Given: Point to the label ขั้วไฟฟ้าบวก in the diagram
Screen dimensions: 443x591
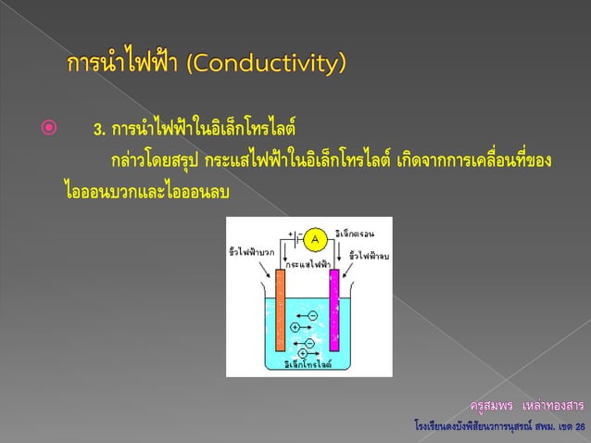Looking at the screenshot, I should point(249,251).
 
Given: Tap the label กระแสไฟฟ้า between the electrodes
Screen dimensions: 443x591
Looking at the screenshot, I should point(308,264).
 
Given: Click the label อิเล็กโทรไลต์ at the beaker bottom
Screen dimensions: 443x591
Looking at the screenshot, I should point(307,364).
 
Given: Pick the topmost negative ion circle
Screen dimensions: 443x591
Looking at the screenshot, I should point(312,316).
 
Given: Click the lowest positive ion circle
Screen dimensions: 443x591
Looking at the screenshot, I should point(302,353).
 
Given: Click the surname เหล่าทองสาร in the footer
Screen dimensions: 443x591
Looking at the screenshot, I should point(553,406).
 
